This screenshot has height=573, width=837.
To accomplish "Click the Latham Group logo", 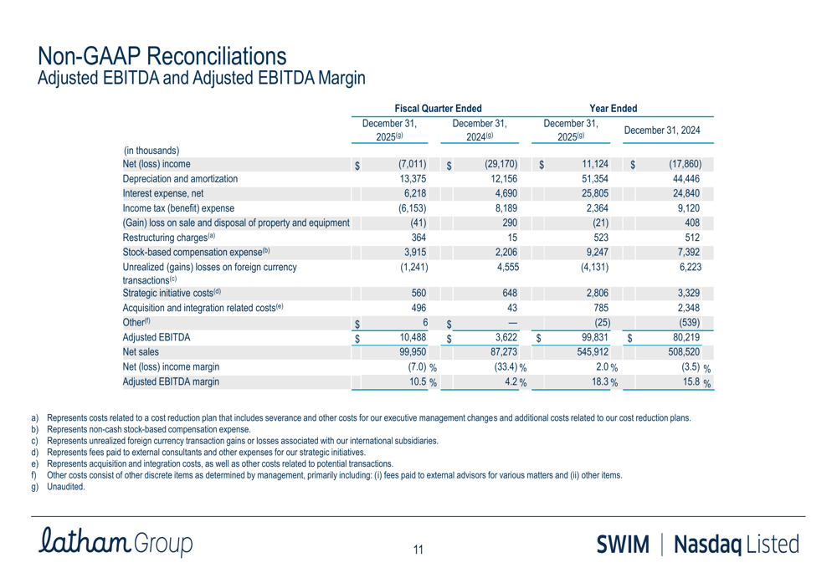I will click(116, 542).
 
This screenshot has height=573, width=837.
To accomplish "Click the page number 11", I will click(418, 550).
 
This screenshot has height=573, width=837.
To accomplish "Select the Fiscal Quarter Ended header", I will click(438, 108).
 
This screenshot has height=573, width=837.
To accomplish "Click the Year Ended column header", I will click(614, 108).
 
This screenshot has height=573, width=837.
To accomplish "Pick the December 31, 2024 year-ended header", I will click(662, 130).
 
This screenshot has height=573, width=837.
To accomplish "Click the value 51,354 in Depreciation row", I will click(592, 178).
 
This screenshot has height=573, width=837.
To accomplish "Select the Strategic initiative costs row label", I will click(172, 292).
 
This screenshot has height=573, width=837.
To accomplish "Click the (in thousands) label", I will click(151, 151).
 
